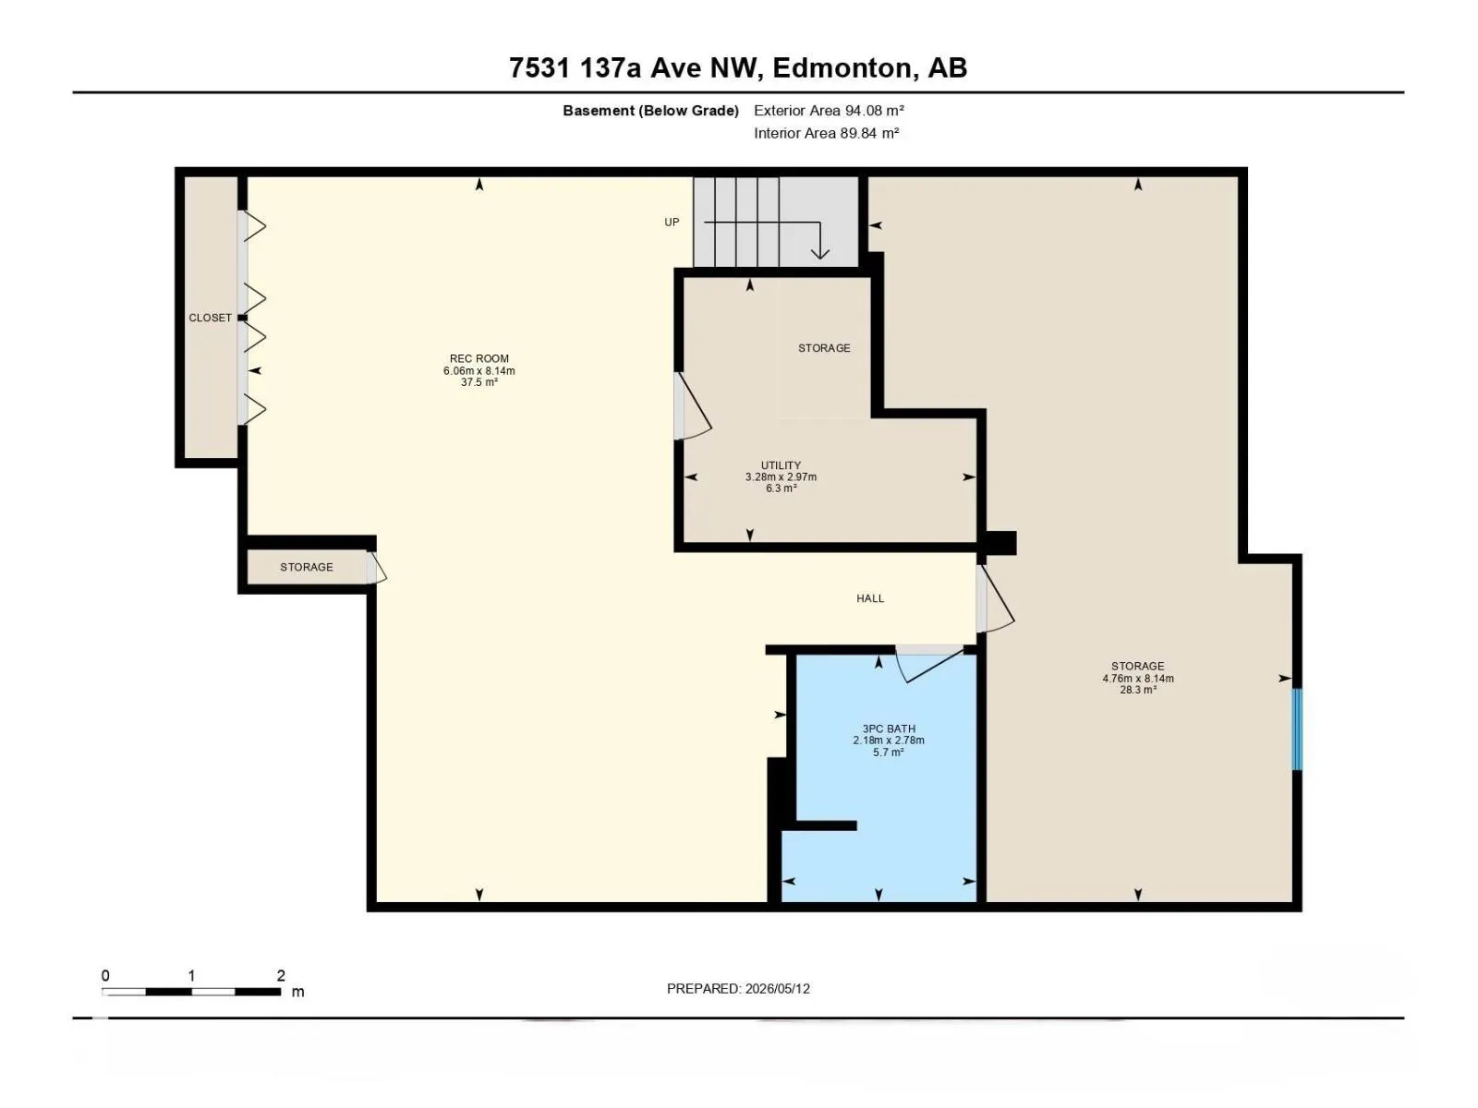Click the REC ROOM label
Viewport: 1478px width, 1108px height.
pos(479,358)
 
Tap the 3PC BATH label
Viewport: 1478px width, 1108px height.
pos(888,729)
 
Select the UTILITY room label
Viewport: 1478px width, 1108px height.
pos(781,464)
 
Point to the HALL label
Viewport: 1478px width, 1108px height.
pos(870,598)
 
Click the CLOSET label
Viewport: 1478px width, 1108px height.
pos(210,318)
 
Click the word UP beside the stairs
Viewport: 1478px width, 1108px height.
pos(672,222)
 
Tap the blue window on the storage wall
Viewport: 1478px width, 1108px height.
pos(1296,729)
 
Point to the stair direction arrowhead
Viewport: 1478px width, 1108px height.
pos(819,253)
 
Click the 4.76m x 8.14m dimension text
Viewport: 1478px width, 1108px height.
pos(1137,678)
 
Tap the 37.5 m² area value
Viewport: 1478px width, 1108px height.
pos(479,382)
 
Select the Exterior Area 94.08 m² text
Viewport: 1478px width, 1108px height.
pos(829,110)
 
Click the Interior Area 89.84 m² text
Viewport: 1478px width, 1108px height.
pos(826,133)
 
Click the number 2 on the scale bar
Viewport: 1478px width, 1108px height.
pos(281,975)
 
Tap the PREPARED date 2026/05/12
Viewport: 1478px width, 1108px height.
pos(777,988)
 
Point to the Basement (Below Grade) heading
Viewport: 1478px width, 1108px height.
pos(650,110)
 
